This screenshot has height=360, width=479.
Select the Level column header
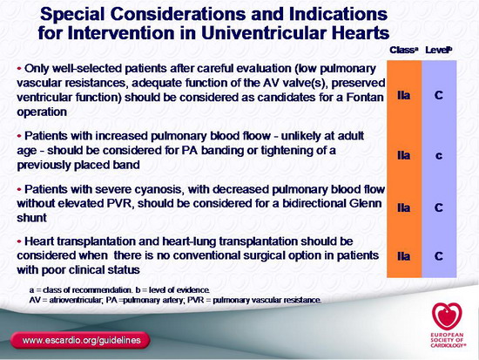439,50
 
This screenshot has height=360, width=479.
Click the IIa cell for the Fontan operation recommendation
403,95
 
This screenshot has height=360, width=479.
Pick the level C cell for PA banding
439,156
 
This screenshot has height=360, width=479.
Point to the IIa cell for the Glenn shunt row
403,208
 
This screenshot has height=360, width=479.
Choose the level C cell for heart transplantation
439,256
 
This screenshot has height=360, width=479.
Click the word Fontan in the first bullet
365,98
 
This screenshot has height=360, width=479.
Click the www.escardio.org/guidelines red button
80,340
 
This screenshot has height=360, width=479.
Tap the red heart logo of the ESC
447,316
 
